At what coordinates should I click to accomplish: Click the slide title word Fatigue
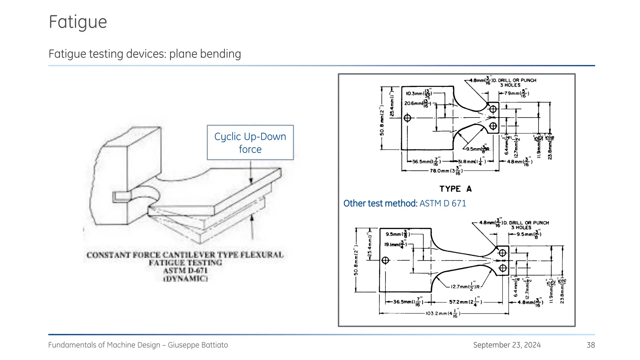click(x=78, y=22)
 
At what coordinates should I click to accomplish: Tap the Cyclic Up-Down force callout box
click(x=250, y=142)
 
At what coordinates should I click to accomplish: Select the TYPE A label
click(x=455, y=189)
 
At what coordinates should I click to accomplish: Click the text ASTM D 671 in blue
click(x=442, y=203)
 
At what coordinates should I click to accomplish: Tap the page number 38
click(x=590, y=345)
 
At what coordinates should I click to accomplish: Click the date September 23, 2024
click(x=507, y=345)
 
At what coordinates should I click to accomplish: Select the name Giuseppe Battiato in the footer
click(x=198, y=345)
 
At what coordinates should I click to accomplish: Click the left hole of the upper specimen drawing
click(x=407, y=118)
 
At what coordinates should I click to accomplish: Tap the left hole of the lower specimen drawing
click(x=385, y=260)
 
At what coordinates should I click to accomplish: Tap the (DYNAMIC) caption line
click(x=185, y=279)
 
